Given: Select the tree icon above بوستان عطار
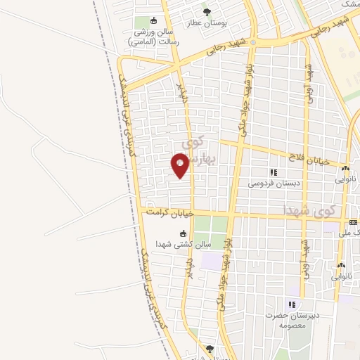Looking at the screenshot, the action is click(206, 11).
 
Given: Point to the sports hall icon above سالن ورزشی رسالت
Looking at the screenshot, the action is click(155, 20).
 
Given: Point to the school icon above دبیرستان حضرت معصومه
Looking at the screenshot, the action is click(291, 304).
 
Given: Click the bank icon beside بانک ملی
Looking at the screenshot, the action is click(353, 222).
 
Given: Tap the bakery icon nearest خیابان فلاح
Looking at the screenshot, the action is click(345, 169).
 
